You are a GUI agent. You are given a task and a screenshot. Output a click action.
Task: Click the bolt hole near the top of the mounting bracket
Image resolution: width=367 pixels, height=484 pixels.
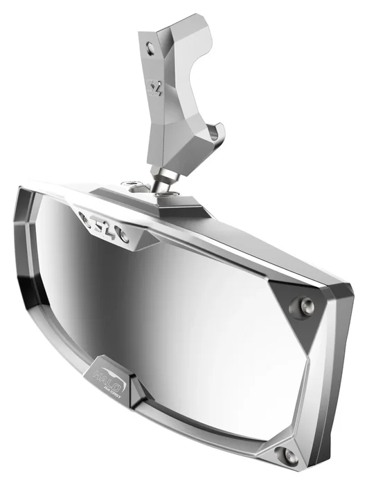tap(152, 47)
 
